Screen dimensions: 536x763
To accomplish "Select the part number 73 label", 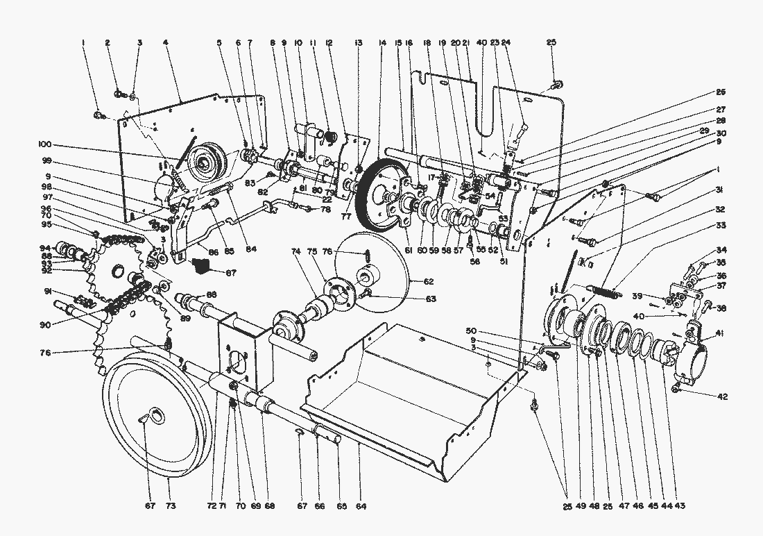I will (x=171, y=507).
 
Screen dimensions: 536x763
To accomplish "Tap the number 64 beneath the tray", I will (x=361, y=507).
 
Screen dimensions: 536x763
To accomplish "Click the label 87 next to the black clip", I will (x=231, y=273).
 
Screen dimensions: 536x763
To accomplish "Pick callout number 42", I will (x=722, y=396).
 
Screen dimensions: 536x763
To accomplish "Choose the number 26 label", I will (x=721, y=92).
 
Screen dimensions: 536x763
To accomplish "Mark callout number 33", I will (x=721, y=226).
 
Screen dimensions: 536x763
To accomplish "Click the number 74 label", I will (x=298, y=251).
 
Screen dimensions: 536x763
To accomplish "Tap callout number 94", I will (x=44, y=248).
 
